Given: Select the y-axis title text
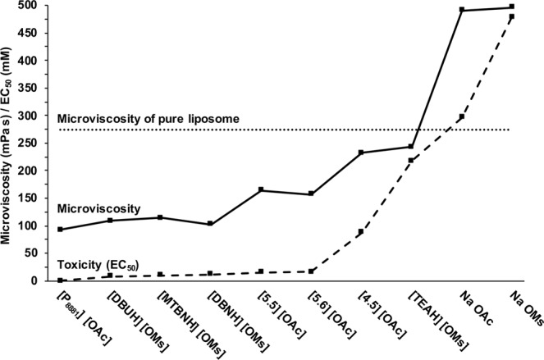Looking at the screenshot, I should point(9,140).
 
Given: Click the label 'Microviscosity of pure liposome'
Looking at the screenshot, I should point(149,119).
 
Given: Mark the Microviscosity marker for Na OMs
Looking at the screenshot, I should point(512,7).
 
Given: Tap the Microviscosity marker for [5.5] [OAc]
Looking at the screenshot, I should point(261,190).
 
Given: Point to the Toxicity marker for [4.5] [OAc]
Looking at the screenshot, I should point(361,232).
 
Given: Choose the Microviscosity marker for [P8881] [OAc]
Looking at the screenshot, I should point(61,229).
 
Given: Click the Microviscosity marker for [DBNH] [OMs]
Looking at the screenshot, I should point(211,224).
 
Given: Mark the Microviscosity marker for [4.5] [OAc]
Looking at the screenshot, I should point(361,153).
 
